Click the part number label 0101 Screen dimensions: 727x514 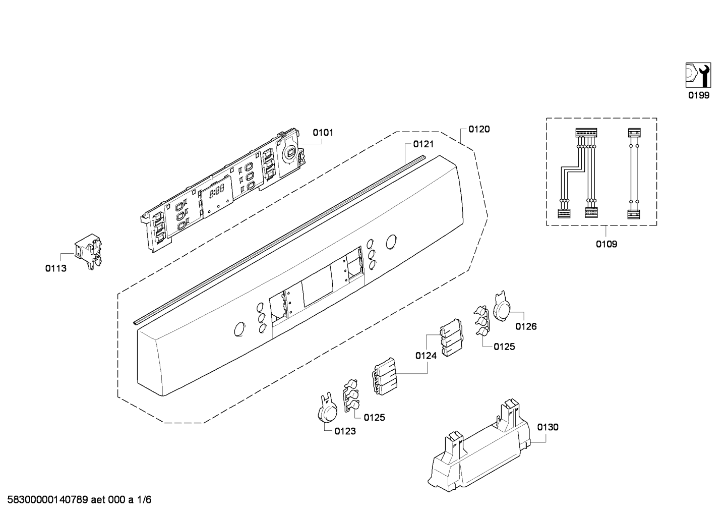pos(323,133)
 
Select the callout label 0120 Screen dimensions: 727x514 pos(479,129)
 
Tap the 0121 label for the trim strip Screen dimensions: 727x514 pos(423,144)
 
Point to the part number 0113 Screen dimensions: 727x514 pos(56,268)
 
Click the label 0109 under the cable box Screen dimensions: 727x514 pos(607,244)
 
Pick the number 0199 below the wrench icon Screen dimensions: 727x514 pos(699,95)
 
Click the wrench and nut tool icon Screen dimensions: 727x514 pos(698,75)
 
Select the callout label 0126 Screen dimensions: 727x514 pos(526,326)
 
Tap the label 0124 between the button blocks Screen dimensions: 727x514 pos(426,356)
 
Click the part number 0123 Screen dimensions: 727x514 pos(345,431)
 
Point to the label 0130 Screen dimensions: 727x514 pos(548,427)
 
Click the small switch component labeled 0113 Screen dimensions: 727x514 pos(88,251)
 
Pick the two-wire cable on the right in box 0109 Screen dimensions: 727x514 pos(634,174)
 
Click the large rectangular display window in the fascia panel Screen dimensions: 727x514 pos(318,288)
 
